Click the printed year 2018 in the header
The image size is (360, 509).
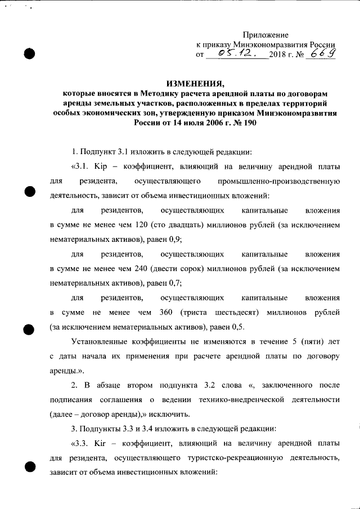(278, 55)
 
